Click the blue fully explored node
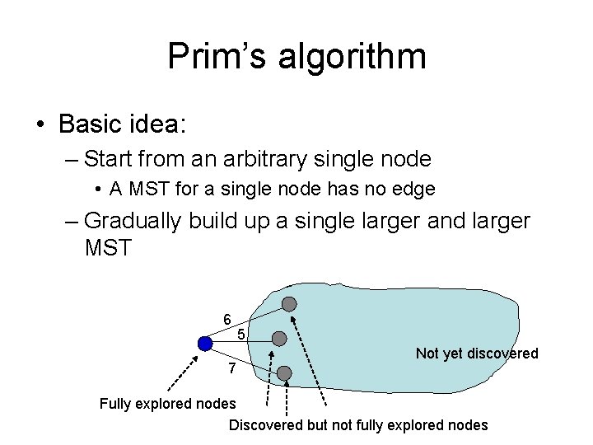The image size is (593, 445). [206, 343]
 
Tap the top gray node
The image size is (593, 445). [289, 304]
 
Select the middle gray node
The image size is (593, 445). [279, 339]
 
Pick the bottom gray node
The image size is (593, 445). [284, 373]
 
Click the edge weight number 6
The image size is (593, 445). [226, 319]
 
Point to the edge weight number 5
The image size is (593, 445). [240, 335]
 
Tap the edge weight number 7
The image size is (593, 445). [232, 369]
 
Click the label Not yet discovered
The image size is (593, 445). [477, 354]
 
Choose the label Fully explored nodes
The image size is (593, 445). [167, 404]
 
